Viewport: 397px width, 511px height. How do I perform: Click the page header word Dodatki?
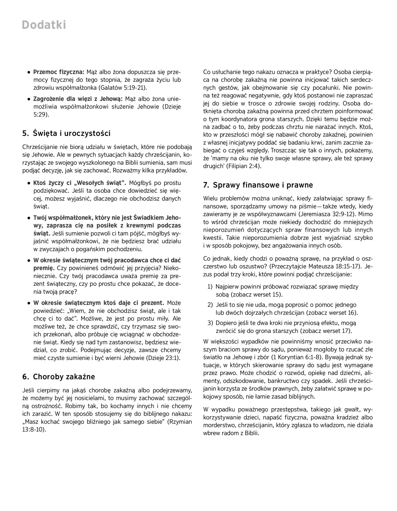44,25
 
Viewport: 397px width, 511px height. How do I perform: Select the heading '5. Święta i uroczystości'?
66,133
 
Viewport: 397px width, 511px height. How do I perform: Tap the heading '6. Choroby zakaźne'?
59,377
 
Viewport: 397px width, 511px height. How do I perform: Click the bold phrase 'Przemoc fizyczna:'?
59,72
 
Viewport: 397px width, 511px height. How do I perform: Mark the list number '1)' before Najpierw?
210,287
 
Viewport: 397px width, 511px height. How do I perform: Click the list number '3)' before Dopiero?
210,323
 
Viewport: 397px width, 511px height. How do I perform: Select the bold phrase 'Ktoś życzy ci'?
53,183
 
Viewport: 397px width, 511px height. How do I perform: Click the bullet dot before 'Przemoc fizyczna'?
29,72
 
